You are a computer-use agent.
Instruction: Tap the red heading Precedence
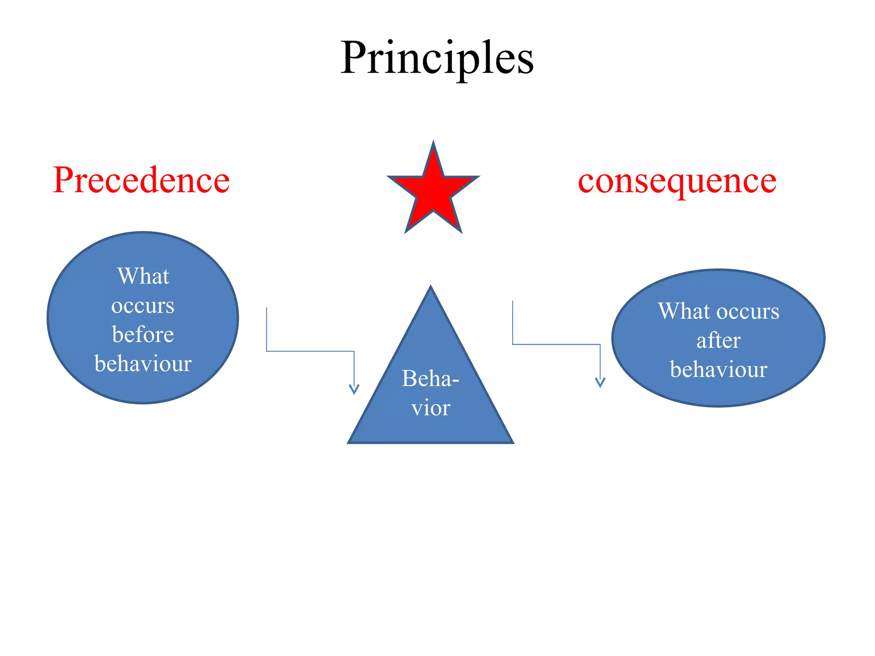pos(141,180)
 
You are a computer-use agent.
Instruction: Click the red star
pos(433,190)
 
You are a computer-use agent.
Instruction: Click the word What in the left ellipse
pos(143,276)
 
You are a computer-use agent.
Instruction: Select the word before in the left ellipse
pos(143,334)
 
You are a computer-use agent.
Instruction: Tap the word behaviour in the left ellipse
pos(143,363)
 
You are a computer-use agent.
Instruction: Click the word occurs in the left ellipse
pos(143,305)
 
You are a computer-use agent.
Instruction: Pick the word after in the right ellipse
pos(718,340)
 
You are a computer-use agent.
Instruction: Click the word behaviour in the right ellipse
pos(718,369)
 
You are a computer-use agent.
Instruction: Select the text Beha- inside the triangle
pos(430,378)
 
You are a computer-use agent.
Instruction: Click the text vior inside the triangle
pos(431,408)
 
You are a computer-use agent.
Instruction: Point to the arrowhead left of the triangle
pos(354,389)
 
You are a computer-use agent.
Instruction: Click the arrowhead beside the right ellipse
pos(600,382)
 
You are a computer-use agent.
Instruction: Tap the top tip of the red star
pos(433,143)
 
